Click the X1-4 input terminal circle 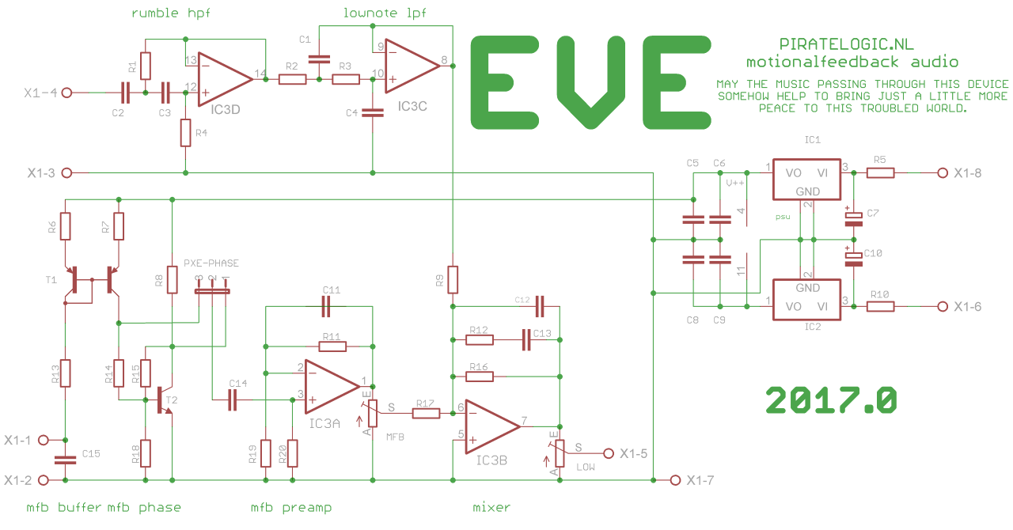(x=66, y=93)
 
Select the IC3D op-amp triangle (x=225, y=79)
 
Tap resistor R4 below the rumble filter (x=185, y=133)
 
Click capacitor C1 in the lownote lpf (x=319, y=59)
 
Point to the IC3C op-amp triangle (x=412, y=66)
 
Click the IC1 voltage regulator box (x=806, y=179)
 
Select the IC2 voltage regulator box (x=806, y=300)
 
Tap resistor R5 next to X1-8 (x=880, y=172)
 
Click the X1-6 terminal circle (x=943, y=307)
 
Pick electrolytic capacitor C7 (x=853, y=219)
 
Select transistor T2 (x=165, y=400)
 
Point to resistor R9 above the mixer (x=453, y=280)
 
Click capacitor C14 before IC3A (x=233, y=399)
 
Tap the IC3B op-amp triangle (x=492, y=426)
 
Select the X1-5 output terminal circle (x=609, y=453)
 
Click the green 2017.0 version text (x=831, y=400)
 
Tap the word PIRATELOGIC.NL (x=846, y=44)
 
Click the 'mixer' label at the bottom (x=491, y=507)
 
